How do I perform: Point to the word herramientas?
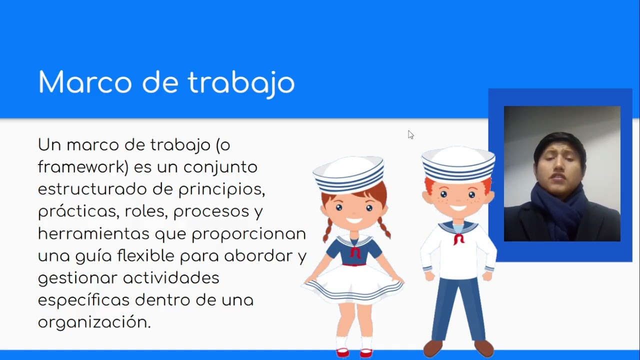tap(93, 233)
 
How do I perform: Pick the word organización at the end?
tap(94, 322)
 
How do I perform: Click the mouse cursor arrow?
tap(410, 134)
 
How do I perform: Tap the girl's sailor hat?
tap(349, 175)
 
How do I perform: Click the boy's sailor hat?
tap(458, 164)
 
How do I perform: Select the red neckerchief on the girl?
tap(355, 251)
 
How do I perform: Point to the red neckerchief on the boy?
tap(458, 238)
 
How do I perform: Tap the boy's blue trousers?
tap(458, 305)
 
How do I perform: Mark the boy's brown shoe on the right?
tap(483, 347)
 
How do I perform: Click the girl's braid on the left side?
tap(327, 230)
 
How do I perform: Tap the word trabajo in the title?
tap(241, 83)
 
